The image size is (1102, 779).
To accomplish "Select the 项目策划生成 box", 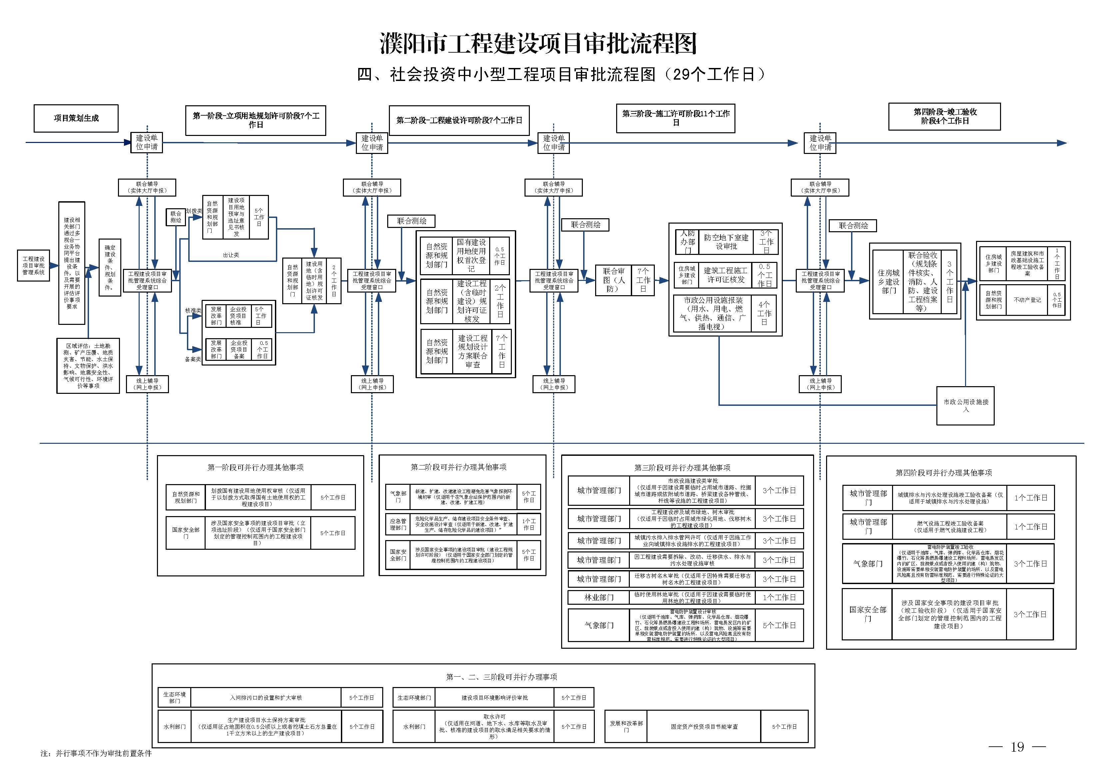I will pos(76,118).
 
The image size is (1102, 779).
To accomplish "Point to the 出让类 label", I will pos(231,255).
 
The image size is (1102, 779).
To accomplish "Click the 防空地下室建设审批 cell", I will pos(726,242).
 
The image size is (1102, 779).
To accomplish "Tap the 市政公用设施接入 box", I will pos(965,405).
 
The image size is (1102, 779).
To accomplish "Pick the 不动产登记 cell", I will pos(1027,300).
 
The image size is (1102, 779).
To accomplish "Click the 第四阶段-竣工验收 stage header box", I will pos(944,117).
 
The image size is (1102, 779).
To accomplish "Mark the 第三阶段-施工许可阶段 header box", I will pos(675,118).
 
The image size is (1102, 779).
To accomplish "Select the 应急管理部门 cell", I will pos(398,524).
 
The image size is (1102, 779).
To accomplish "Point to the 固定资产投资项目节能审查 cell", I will pos(704,727).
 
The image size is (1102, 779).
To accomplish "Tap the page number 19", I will pos(1017,747).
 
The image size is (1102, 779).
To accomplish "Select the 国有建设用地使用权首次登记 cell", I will pos(471,255).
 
